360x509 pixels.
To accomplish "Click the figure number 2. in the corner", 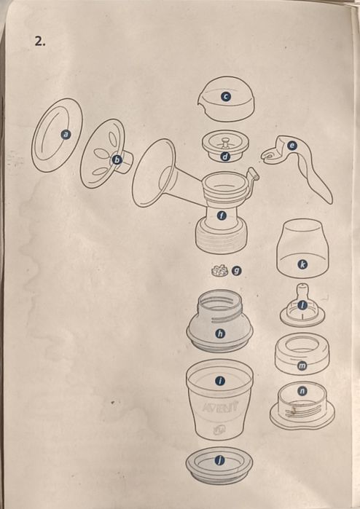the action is tap(40, 42).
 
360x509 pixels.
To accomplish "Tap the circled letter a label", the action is tap(66, 135).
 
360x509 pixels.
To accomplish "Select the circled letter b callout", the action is tap(117, 159).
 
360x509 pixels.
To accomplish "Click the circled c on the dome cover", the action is tap(225, 96).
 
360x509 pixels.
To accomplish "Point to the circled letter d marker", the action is tap(225, 157).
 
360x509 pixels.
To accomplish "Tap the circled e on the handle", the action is tap(291, 146).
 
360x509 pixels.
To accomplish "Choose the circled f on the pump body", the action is tap(222, 216).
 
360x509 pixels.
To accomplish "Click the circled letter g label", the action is tap(236, 270).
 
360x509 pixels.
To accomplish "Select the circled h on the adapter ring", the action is tap(221, 334).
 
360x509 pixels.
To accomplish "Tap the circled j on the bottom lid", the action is tap(219, 460).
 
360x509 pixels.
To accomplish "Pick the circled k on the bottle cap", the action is tap(302, 264).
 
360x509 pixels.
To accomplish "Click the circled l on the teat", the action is tap(302, 305).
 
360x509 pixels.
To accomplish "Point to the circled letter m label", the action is tap(302, 366).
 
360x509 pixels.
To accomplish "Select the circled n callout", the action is tap(302, 391).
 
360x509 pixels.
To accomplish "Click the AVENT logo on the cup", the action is tap(220, 407).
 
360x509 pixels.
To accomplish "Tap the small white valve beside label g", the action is tap(216, 271).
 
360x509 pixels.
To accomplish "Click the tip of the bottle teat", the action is tap(302, 285).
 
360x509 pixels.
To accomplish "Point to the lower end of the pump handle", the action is tap(328, 200).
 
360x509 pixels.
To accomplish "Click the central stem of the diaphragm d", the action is tap(225, 141).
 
